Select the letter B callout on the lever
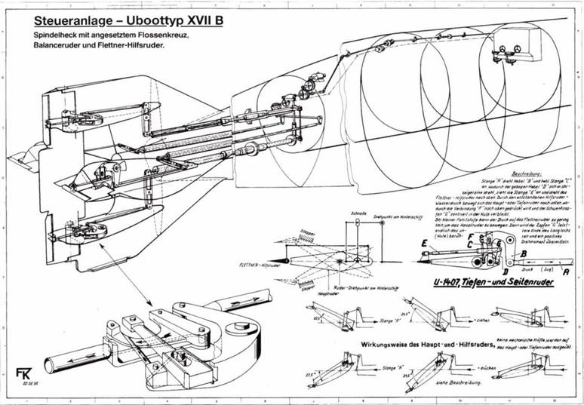(521, 255)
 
